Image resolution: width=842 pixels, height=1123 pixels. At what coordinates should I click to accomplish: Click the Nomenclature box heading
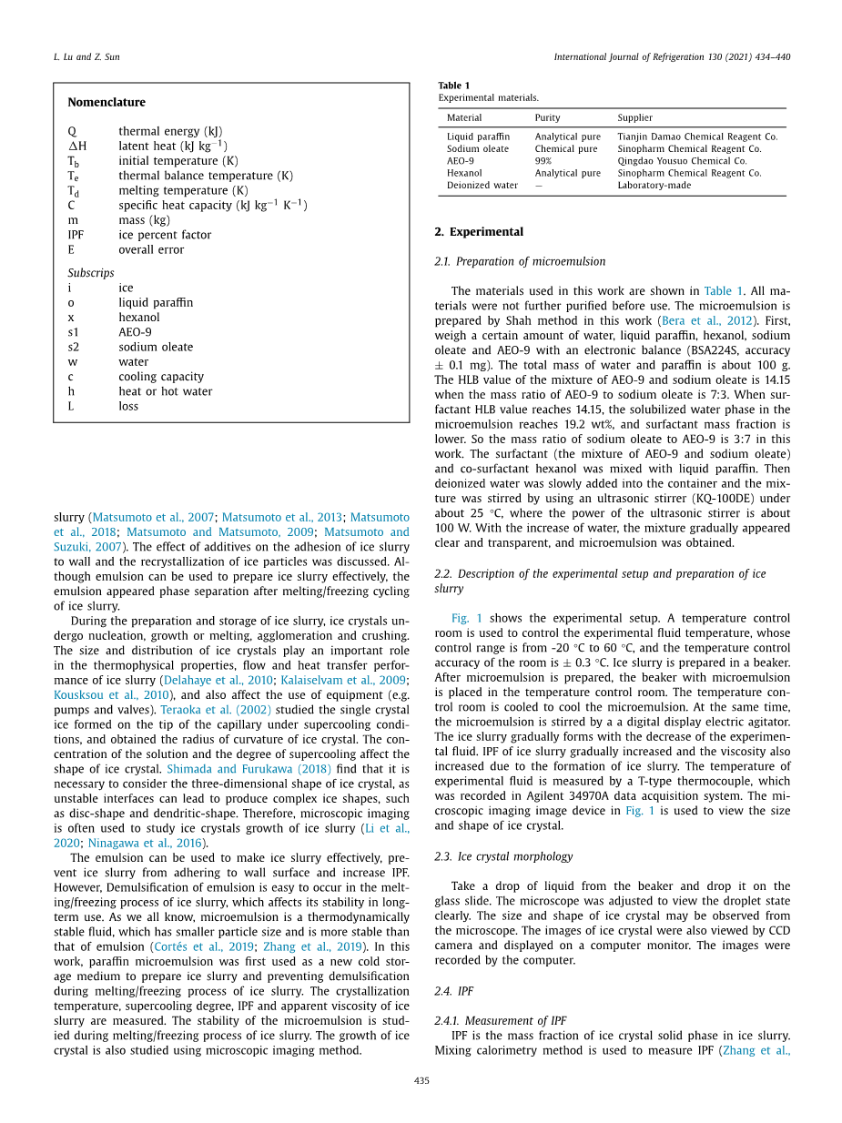107,102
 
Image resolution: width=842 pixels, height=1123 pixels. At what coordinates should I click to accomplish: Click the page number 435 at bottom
421,1080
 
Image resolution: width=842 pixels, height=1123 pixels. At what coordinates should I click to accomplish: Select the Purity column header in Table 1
547,117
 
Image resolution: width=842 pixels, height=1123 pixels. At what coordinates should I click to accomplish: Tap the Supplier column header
634,117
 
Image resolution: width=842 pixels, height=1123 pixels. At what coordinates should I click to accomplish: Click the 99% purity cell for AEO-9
543,161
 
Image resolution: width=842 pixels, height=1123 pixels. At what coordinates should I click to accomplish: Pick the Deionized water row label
482,185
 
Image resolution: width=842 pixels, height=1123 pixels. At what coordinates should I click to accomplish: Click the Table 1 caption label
454,86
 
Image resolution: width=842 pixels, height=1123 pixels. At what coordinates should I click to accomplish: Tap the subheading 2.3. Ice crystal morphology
503,856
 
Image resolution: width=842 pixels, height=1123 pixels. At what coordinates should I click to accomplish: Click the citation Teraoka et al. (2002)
216,709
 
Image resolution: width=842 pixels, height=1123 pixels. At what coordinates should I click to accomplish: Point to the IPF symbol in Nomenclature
76,235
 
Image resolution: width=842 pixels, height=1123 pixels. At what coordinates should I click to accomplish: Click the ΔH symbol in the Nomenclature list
77,146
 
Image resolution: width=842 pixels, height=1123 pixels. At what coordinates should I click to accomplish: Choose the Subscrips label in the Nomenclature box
91,273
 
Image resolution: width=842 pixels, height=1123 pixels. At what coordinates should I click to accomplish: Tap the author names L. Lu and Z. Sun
86,57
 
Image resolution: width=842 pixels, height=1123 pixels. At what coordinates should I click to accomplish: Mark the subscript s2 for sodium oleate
74,347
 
